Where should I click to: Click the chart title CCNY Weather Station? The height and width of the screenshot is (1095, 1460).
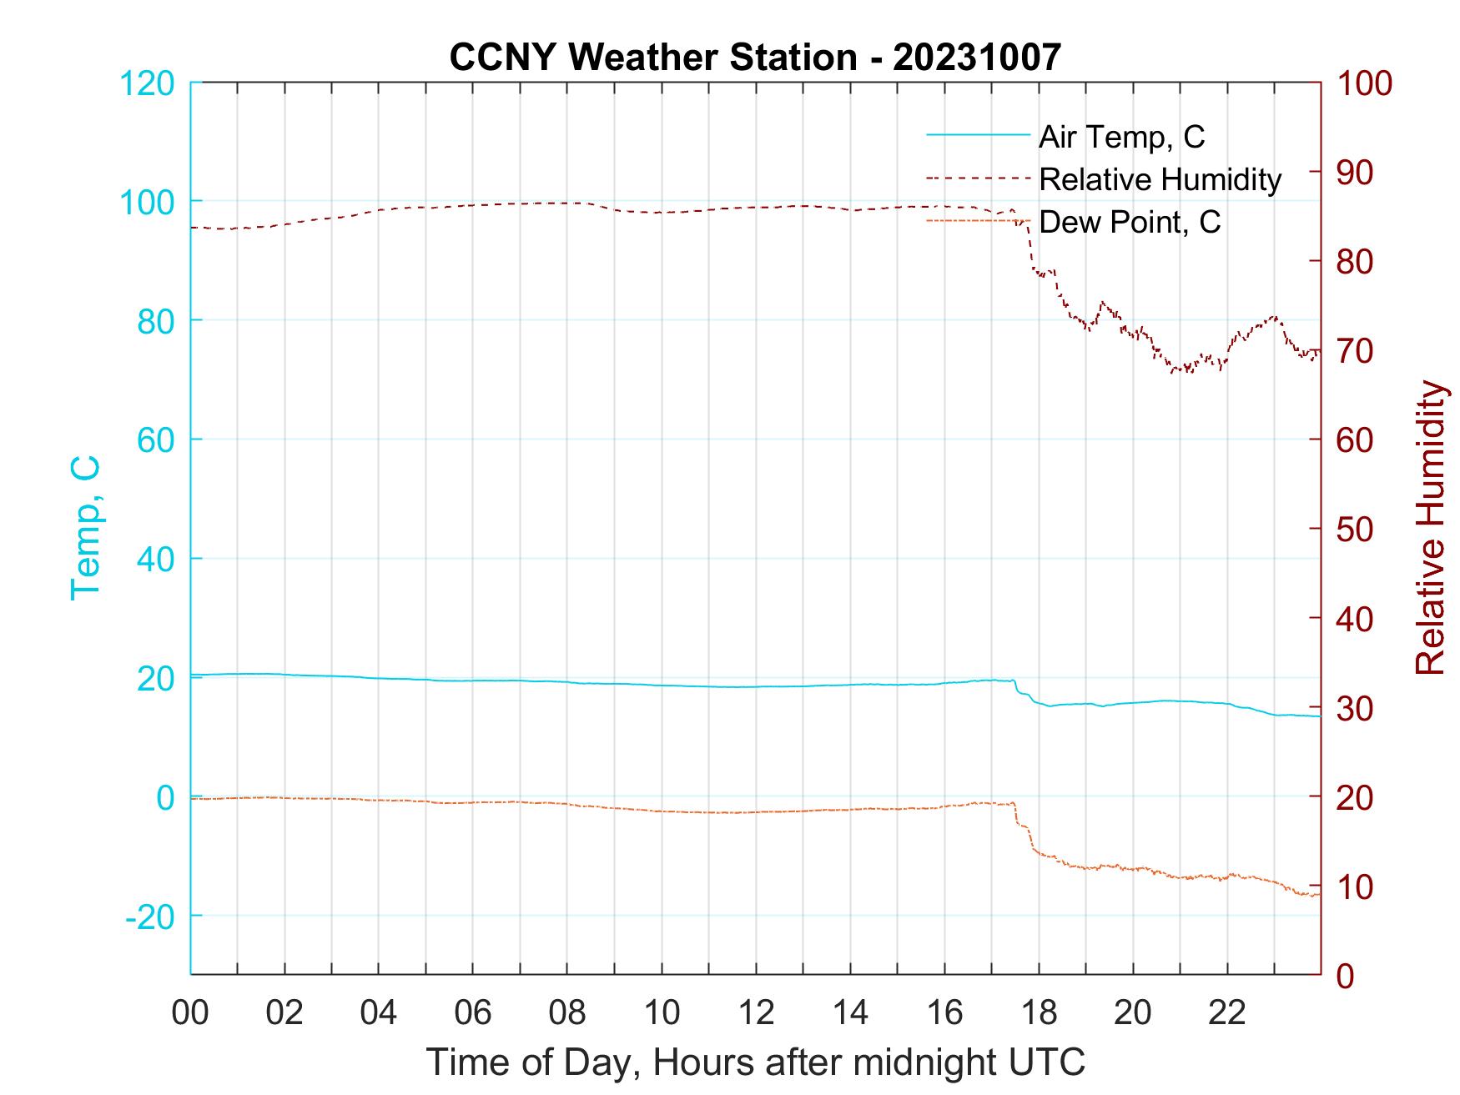coord(755,58)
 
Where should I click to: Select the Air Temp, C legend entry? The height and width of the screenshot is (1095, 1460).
coord(1120,137)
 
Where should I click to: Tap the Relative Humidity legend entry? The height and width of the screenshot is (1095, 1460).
coord(1160,179)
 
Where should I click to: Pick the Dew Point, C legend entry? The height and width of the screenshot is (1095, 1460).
coord(1129,222)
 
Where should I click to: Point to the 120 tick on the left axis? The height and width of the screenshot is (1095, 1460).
coord(147,83)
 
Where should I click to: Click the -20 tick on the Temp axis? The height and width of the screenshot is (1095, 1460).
coord(150,917)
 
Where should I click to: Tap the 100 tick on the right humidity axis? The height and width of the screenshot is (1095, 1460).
coord(1364,83)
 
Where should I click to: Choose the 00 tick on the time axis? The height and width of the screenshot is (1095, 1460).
coord(190,1013)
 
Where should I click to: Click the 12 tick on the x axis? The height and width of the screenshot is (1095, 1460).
coord(756,1013)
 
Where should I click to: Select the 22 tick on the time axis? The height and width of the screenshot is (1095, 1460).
coord(1227,1013)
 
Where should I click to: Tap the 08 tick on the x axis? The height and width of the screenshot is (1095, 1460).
coord(567,1013)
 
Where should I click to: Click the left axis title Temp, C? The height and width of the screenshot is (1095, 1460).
coord(85,528)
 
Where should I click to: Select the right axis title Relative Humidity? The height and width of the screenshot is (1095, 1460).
coord(1430,528)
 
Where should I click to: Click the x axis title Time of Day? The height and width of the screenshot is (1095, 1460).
coord(755,1062)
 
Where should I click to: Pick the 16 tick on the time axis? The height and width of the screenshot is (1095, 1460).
coord(944,1013)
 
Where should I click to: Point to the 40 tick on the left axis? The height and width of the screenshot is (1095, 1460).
coord(155,559)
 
